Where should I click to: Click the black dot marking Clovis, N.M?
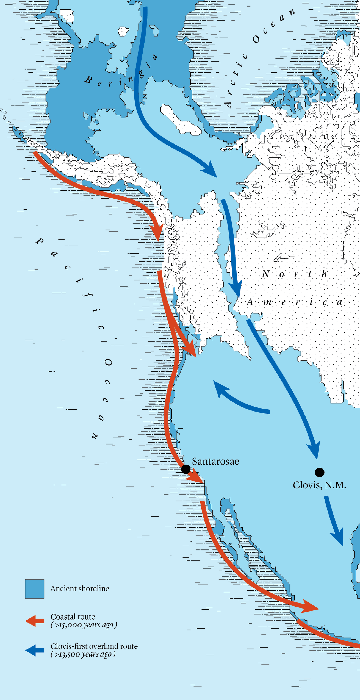[319, 472]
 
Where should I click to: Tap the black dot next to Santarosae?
[186, 469]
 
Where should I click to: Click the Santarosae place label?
[215, 461]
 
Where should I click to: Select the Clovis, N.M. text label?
[319, 485]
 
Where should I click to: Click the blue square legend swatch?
[35, 589]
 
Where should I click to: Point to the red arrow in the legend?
[35, 621]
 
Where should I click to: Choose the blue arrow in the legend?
[35, 650]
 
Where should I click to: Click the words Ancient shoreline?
[80, 588]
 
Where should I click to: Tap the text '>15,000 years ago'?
[84, 625]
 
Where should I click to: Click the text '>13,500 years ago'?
[83, 654]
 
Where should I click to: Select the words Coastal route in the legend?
[73, 617]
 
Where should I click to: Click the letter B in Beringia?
[88, 80]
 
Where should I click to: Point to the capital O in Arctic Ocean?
[256, 39]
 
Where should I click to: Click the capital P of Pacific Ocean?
[40, 241]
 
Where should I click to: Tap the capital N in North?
[265, 274]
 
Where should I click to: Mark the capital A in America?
[250, 302]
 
